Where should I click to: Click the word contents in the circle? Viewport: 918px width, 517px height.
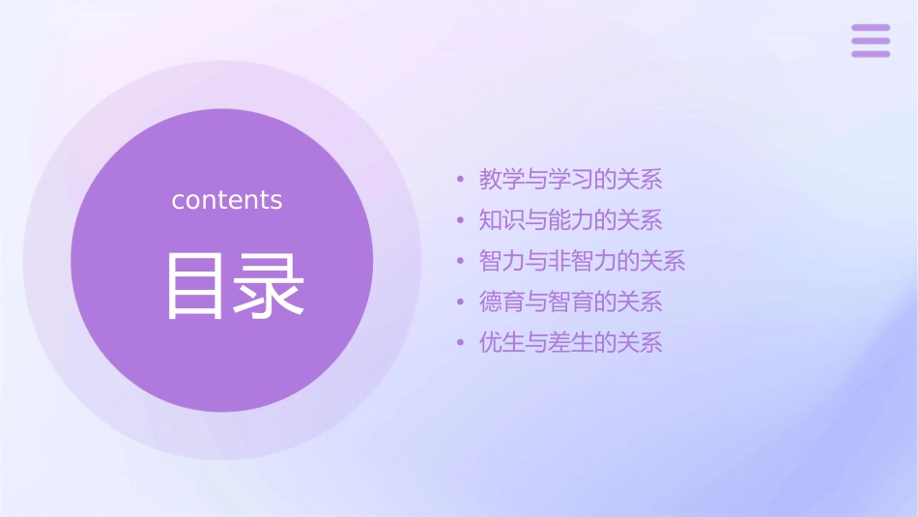click(227, 200)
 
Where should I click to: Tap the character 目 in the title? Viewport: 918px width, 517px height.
click(196, 286)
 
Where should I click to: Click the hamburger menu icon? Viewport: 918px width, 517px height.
click(871, 42)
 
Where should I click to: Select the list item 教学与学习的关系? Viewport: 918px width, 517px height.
click(571, 180)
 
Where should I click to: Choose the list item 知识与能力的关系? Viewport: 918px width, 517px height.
click(571, 220)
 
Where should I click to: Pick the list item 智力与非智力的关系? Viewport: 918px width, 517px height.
click(583, 261)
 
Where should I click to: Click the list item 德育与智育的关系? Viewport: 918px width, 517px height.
click(571, 302)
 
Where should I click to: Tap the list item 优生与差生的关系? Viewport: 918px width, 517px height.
click(571, 343)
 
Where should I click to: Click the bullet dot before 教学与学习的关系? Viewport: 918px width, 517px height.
click(461, 180)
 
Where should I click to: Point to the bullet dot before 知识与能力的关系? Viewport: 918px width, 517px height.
click(461, 221)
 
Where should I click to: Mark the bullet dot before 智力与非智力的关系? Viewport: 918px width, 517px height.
click(461, 262)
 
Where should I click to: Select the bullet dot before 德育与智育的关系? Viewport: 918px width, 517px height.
click(461, 302)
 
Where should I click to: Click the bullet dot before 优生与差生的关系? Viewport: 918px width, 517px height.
click(461, 343)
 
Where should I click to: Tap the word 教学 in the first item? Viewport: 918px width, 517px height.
click(502, 180)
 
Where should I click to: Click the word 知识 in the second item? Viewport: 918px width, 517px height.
click(502, 220)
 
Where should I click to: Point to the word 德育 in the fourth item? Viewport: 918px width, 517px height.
click(502, 302)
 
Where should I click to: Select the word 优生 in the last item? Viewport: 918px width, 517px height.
click(502, 343)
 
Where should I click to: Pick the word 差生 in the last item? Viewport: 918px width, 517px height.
click(571, 343)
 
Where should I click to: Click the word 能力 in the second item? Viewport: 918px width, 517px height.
click(571, 220)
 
